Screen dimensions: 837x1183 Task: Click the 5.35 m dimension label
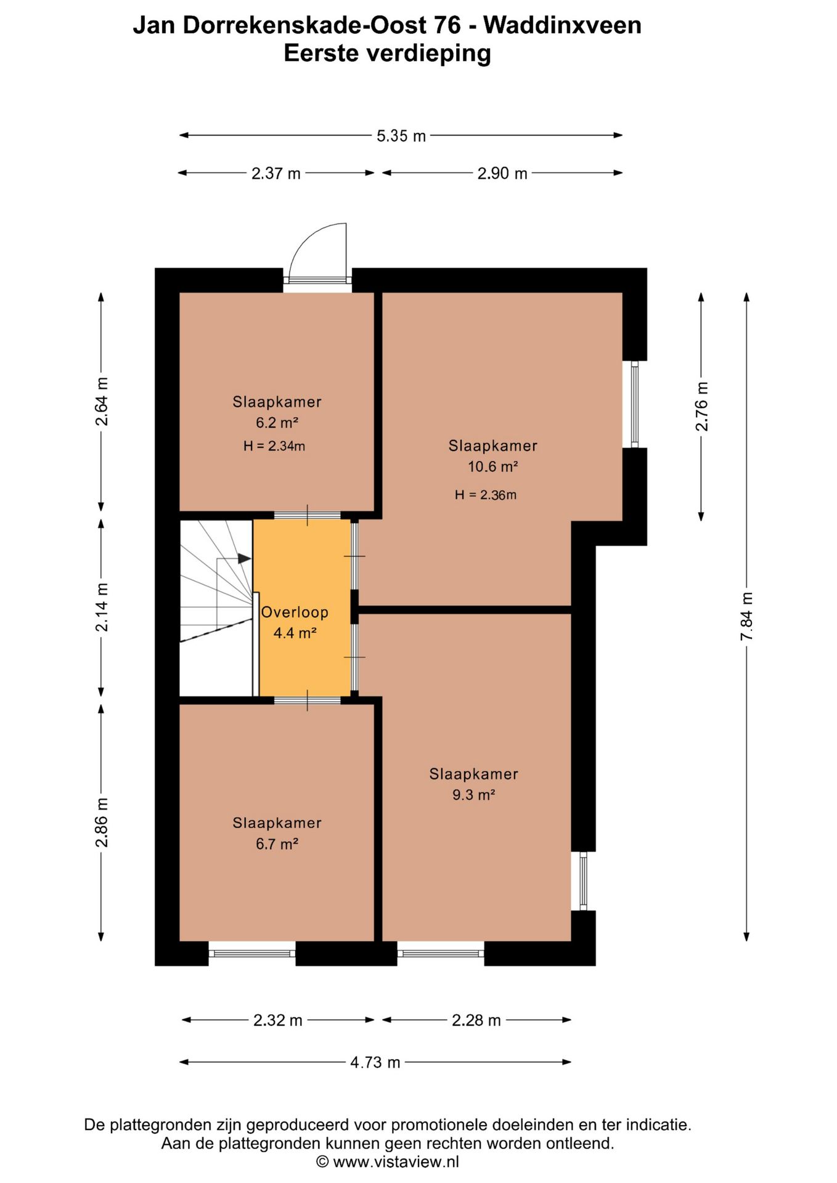coord(401,136)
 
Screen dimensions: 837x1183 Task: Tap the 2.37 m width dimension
coord(276,173)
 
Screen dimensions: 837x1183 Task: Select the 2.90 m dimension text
coord(502,173)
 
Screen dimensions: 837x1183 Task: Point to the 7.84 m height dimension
coord(747,616)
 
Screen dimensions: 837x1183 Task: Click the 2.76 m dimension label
coord(701,407)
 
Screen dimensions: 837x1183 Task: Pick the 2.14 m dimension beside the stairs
coord(102,607)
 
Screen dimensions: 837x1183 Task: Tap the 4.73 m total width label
coord(375,1062)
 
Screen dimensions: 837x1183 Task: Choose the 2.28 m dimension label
coord(476,1020)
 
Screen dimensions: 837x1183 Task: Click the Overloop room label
coord(295,612)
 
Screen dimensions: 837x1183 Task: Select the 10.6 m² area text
coord(492,466)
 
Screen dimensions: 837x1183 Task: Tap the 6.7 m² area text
coord(277,844)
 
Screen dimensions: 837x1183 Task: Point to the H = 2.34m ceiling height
coord(274,446)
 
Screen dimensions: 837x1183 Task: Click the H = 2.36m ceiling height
coord(486,495)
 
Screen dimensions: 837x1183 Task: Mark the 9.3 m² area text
coord(473,795)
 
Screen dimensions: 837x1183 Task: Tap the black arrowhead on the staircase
coord(245,558)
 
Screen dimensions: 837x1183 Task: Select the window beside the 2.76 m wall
coord(634,404)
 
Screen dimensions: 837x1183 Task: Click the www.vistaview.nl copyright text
coord(388,1162)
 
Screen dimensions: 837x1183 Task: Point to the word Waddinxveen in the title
coord(562,25)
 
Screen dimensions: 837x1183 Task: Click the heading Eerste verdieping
coord(387,54)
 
